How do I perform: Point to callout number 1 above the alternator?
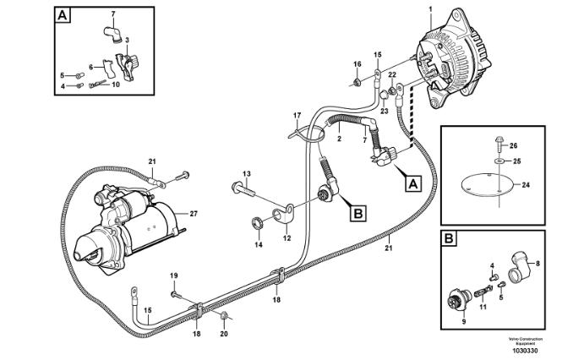point(430,8)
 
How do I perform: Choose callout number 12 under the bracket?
point(287,239)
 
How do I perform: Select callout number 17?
point(297,115)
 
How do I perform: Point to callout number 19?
point(175,275)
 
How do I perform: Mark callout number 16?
point(357,64)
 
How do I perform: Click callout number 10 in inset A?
point(116,85)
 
